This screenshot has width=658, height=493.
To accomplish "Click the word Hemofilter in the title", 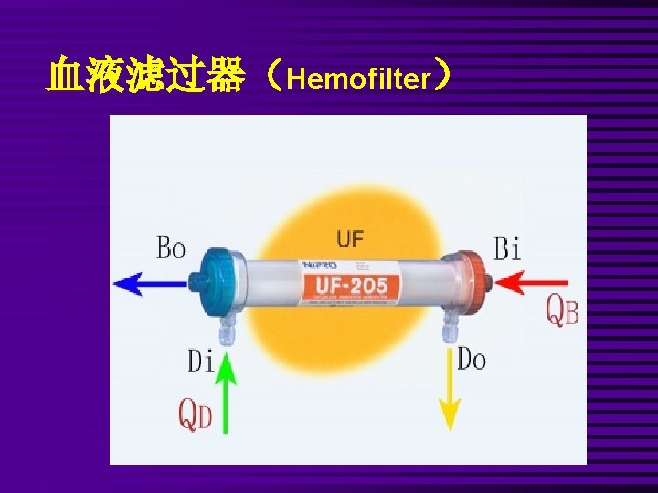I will tap(357, 79).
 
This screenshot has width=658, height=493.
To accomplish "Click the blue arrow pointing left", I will tap(151, 284).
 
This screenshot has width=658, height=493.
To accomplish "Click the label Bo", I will tap(171, 247).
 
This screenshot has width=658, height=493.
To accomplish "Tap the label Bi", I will tap(507, 247).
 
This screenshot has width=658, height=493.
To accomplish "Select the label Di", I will tap(201, 362).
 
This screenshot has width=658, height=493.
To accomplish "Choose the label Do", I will tap(472, 359).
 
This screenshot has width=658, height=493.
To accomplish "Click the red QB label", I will tap(562, 310).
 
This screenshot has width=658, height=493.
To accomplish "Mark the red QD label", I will tap(195, 415).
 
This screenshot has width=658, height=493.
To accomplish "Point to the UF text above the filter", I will tap(349, 239).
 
